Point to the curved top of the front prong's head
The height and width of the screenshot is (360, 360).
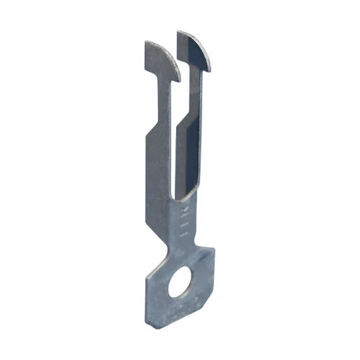(159, 49)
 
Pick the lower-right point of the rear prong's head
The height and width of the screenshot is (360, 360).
(209, 71)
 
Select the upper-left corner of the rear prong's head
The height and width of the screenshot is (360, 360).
(180, 31)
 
